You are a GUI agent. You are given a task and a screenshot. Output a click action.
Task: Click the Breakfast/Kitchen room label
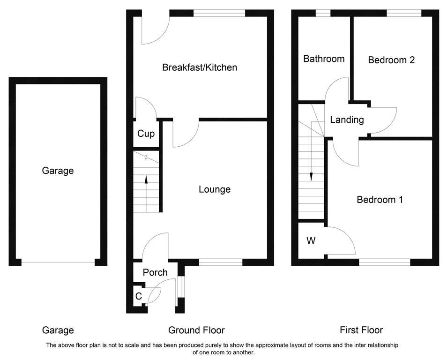pyautogui.click(x=200, y=67)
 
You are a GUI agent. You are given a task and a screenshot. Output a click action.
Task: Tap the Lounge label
pyautogui.click(x=215, y=189)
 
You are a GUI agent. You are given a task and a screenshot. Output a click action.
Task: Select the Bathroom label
pyautogui.click(x=324, y=59)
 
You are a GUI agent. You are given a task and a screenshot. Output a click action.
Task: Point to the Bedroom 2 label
pyautogui.click(x=391, y=60)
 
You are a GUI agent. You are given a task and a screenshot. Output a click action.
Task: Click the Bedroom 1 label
pyautogui.click(x=380, y=200)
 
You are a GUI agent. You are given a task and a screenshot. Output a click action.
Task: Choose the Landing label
pyautogui.click(x=347, y=120)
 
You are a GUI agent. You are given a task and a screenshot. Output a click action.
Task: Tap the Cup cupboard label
pyautogui.click(x=146, y=134)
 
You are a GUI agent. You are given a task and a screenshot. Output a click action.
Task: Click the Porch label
pyautogui.click(x=155, y=272)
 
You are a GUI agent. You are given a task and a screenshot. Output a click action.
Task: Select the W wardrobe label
pyautogui.click(x=311, y=241)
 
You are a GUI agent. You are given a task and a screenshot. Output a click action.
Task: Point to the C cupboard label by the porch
pyautogui.click(x=138, y=296)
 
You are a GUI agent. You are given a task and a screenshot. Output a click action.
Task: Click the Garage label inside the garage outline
pyautogui.click(x=58, y=171)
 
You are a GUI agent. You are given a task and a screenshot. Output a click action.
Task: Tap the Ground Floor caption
pyautogui.click(x=196, y=330)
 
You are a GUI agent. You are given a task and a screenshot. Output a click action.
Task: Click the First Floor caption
pyautogui.click(x=361, y=330)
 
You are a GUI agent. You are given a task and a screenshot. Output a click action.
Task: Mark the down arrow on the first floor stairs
pyautogui.click(x=311, y=176)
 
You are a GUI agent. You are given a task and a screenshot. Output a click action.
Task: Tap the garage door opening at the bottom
pyautogui.click(x=58, y=262)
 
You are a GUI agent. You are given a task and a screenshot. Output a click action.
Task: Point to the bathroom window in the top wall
pyautogui.click(x=323, y=13)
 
